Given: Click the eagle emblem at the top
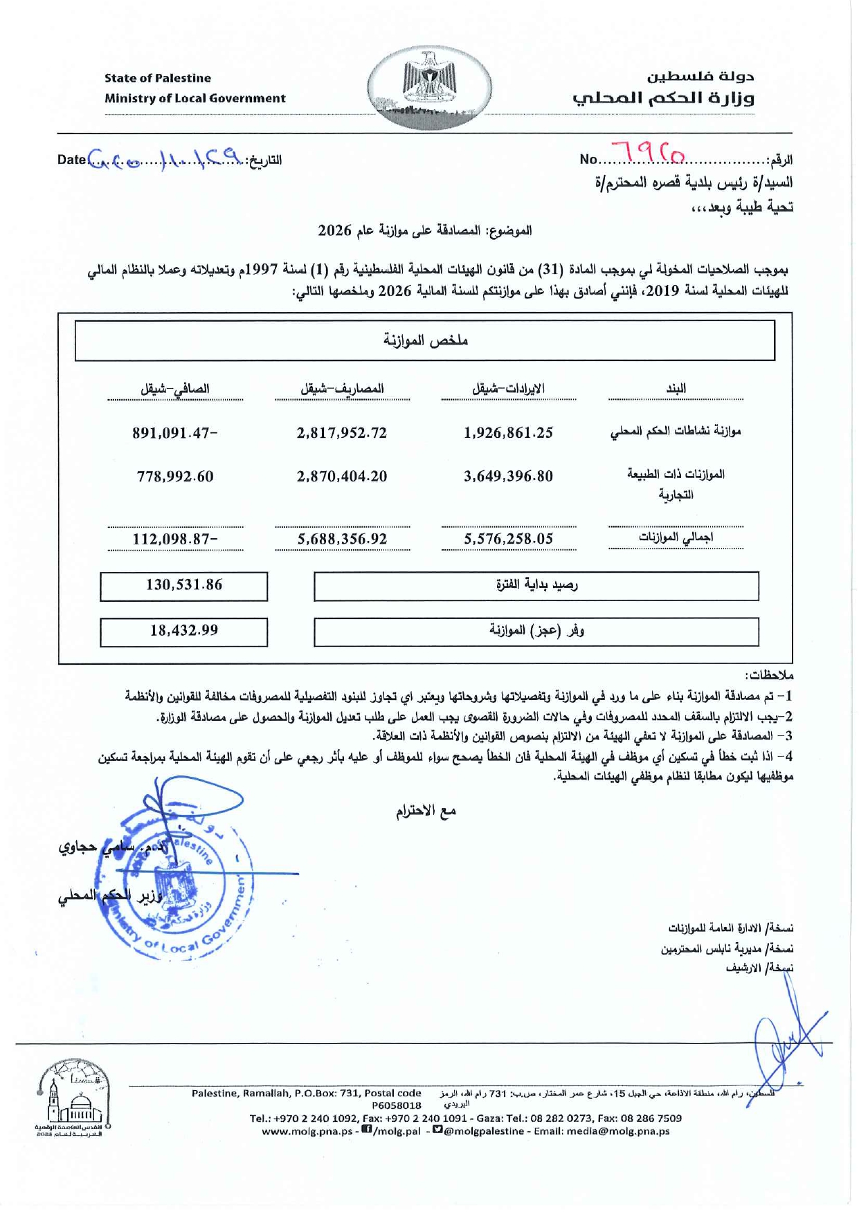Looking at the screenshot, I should pyautogui.click(x=429, y=88).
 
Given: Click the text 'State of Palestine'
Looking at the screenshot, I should pyautogui.click(x=158, y=78).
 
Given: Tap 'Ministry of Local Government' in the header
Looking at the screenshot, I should pyautogui.click(x=195, y=98).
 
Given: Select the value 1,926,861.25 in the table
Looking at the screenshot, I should pyautogui.click(x=508, y=433).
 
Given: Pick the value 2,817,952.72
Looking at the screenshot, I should pyautogui.click(x=342, y=433).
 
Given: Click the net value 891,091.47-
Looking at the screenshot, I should pyautogui.click(x=175, y=433).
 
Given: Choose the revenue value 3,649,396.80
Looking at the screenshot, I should pyautogui.click(x=508, y=477).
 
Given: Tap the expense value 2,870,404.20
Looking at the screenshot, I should pyautogui.click(x=342, y=477).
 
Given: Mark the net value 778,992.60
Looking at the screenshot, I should pyautogui.click(x=175, y=477).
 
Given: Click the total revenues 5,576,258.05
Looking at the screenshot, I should pyautogui.click(x=508, y=539).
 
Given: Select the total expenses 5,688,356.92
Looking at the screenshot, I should pyautogui.click(x=342, y=539).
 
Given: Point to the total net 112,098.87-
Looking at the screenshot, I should pyautogui.click(x=175, y=539).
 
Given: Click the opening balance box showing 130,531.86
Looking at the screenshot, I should pyautogui.click(x=184, y=585).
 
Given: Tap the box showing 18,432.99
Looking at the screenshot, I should pyautogui.click(x=184, y=631).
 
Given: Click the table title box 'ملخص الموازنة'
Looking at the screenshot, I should pyautogui.click(x=425, y=340).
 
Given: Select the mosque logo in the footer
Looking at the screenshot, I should pyautogui.click(x=73, y=1101).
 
